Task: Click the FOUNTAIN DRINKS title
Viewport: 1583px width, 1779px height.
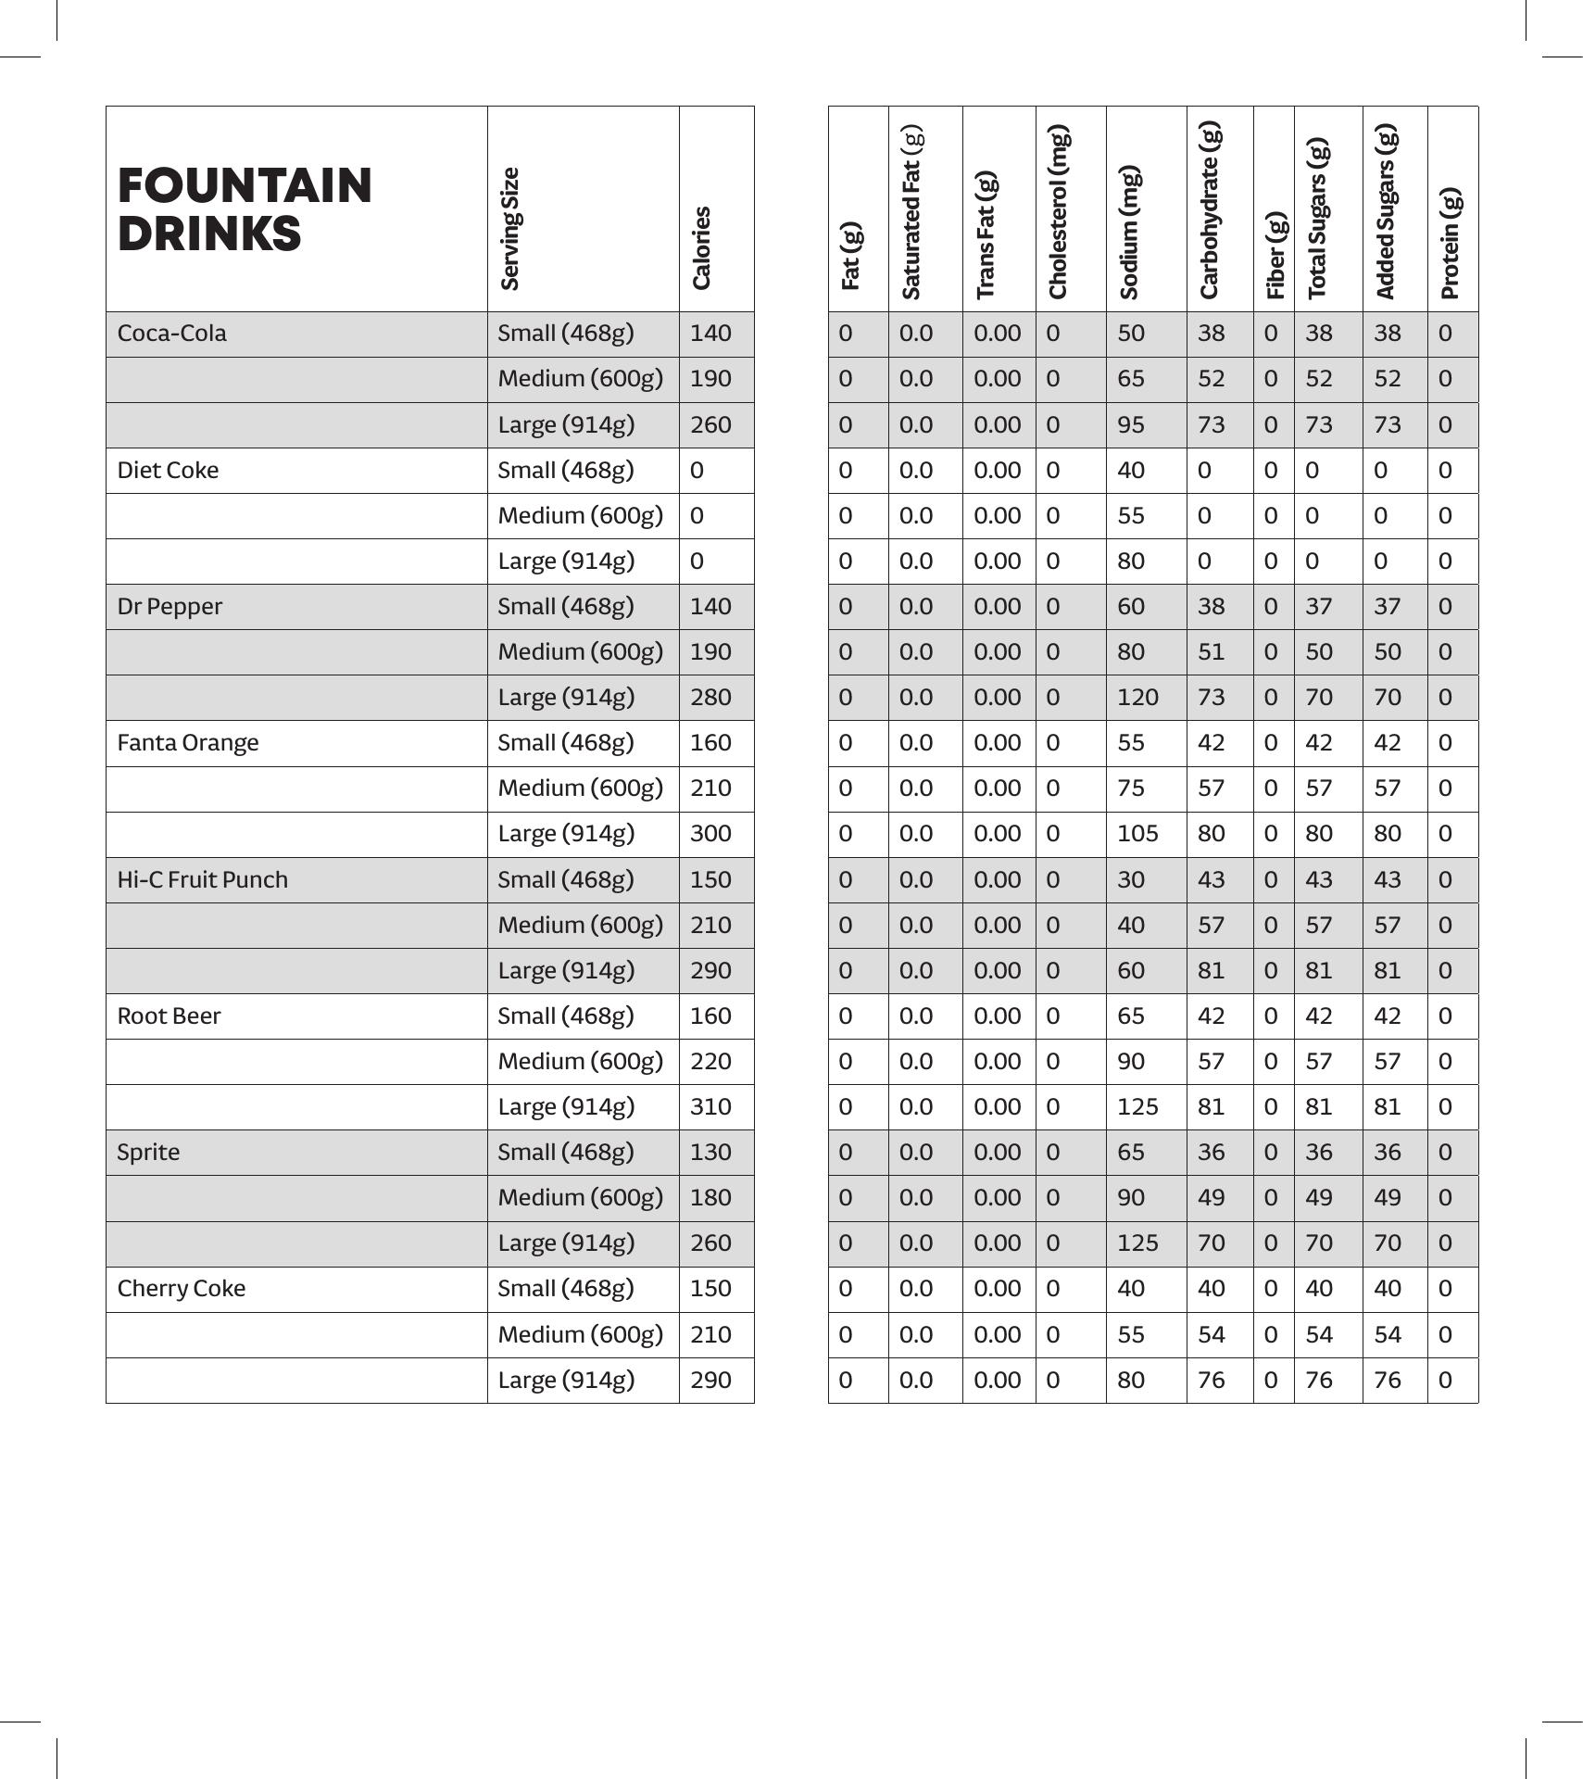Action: tap(245, 209)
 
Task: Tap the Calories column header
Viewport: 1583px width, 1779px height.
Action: tap(701, 247)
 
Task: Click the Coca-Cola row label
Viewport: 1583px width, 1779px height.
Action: tap(171, 334)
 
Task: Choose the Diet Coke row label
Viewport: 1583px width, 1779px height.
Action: tap(168, 471)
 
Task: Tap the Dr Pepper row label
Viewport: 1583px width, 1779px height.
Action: tap(170, 607)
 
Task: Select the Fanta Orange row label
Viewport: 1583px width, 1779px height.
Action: tap(187, 743)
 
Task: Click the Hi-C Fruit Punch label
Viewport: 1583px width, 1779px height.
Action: tap(202, 880)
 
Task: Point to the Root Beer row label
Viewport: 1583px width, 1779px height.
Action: tap(169, 1016)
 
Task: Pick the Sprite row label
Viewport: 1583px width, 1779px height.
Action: tap(148, 1153)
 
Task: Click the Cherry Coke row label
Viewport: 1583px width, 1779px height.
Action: tap(181, 1289)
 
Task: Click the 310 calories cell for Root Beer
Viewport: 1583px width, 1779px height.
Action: tap(710, 1107)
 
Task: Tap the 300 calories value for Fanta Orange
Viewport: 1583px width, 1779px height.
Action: tap(710, 834)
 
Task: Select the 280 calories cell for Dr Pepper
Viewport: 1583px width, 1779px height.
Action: tap(710, 698)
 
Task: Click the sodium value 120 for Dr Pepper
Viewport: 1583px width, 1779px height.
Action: tap(1137, 698)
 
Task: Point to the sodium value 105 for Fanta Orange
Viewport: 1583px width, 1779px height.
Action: tap(1137, 834)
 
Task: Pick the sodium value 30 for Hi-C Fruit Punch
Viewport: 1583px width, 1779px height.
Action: tap(1131, 880)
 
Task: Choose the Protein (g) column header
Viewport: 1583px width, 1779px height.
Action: tap(1451, 244)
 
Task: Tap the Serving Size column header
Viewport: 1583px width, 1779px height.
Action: tap(509, 229)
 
